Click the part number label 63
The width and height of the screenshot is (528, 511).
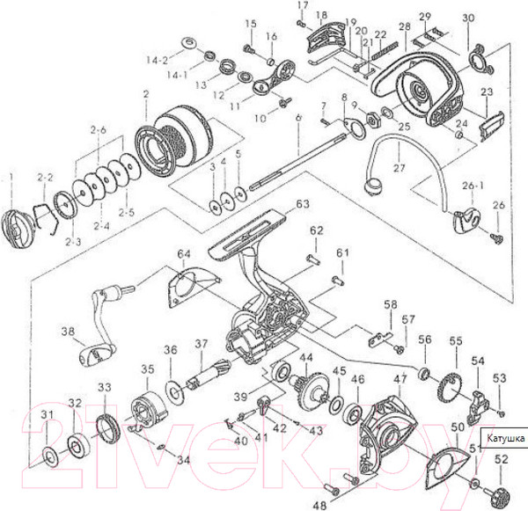pos(303,204)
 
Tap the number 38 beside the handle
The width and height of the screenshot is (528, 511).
pos(67,332)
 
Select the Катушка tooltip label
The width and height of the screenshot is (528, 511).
pos(503,437)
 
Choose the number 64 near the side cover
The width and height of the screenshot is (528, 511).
pos(183,255)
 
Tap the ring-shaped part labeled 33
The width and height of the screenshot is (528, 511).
pos(106,430)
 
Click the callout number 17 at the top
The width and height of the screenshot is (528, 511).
pos(303,6)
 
